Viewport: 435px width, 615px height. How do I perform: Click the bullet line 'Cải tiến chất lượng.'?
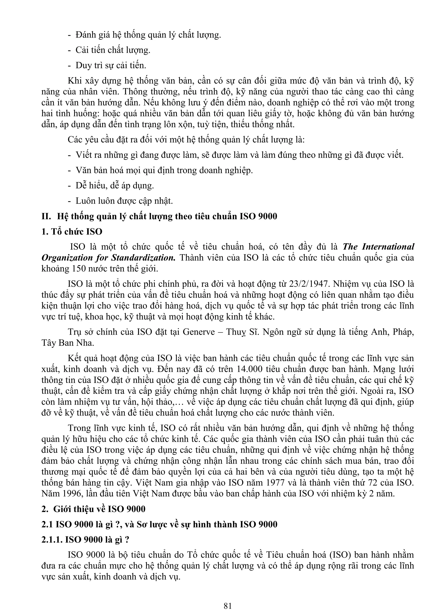pos(113,50)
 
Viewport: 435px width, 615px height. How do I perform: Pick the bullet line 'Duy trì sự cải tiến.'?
pos(111,65)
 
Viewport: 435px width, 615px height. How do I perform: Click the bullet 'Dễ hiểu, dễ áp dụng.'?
pos(115,185)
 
